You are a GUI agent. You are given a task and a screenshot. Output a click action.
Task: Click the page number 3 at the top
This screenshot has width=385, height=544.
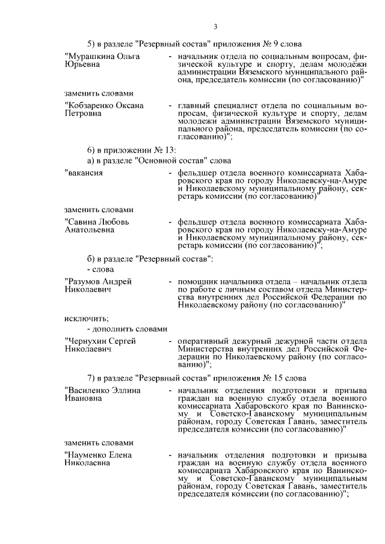(x=215, y=25)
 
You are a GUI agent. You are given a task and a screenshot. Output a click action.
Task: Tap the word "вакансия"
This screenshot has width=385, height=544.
(x=83, y=173)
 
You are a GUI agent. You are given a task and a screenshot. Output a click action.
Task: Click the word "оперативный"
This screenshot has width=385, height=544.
(x=203, y=341)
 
